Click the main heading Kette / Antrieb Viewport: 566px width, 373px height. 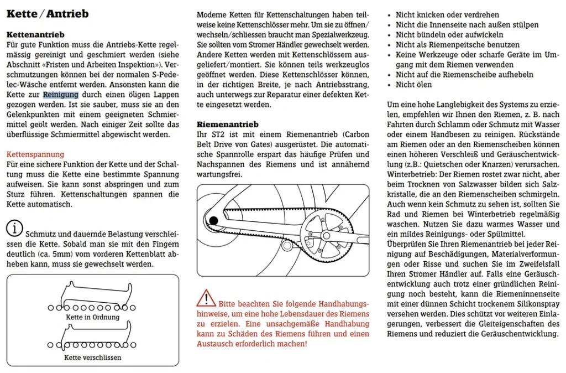48,14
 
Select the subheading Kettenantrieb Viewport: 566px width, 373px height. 35,35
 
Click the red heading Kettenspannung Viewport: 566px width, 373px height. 35,154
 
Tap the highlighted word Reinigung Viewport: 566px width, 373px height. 61,95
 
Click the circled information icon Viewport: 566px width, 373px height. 14,228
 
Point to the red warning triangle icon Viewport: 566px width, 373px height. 206,298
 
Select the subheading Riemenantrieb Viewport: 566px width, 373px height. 227,125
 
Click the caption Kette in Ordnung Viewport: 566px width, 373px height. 93,317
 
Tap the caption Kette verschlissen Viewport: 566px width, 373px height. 93,358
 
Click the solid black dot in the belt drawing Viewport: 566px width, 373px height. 214,220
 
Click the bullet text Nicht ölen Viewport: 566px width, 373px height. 413,85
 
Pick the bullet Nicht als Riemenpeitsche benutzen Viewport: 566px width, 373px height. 458,45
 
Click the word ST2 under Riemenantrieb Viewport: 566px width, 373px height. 218,134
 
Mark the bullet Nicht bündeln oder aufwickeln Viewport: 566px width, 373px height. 449,35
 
